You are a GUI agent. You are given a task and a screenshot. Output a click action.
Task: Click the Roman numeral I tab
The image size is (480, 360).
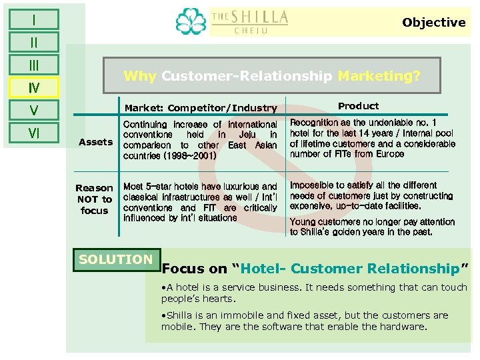(33, 19)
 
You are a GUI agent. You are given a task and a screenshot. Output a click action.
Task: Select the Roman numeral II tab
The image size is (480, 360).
(33, 43)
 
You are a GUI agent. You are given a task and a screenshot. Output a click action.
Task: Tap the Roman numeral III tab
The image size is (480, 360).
(33, 65)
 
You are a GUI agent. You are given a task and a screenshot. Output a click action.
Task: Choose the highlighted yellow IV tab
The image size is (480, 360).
(33, 87)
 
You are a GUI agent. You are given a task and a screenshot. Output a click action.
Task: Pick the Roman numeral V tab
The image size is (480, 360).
(33, 110)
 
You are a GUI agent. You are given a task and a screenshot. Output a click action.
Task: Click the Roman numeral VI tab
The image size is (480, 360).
(33, 133)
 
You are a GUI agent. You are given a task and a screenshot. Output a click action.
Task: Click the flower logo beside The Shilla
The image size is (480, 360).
(191, 21)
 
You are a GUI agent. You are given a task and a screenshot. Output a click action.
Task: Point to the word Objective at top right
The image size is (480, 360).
(433, 23)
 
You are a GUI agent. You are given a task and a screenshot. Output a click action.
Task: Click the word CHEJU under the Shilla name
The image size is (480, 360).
(250, 30)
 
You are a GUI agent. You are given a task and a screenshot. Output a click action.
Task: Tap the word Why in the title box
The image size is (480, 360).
(139, 76)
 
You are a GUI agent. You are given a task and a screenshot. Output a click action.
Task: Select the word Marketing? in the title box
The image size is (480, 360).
(379, 76)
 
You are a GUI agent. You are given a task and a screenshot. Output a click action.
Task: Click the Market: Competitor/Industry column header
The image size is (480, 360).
(200, 108)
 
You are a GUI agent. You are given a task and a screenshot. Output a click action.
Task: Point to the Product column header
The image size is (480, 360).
(358, 106)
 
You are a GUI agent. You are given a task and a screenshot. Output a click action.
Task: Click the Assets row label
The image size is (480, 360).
(95, 142)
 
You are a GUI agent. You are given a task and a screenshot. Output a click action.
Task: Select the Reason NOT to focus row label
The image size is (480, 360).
(94, 199)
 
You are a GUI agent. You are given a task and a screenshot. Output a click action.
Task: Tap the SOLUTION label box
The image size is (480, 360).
(115, 259)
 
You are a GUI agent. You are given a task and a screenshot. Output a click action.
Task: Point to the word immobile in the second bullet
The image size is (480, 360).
(237, 315)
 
